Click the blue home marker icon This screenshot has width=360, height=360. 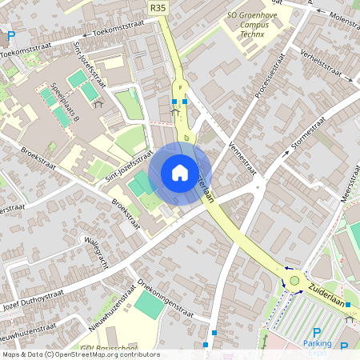click(180, 173)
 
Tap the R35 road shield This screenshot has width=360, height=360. click(158, 7)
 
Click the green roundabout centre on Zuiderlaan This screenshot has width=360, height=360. click(295, 281)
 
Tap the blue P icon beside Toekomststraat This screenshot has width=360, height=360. click(10, 37)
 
